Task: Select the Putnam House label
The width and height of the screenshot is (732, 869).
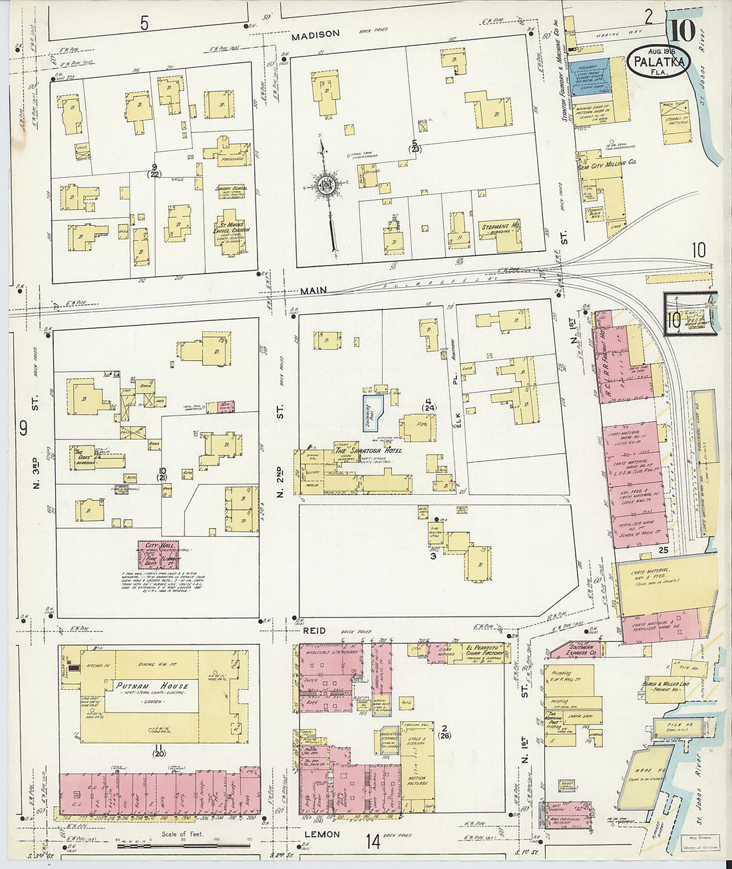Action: (x=152, y=685)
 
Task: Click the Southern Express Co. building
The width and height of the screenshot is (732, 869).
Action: (x=576, y=648)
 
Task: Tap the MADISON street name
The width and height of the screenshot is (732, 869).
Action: (x=315, y=34)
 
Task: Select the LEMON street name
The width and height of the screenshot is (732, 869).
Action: (x=322, y=834)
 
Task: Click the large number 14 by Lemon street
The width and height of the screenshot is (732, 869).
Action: (x=372, y=842)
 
